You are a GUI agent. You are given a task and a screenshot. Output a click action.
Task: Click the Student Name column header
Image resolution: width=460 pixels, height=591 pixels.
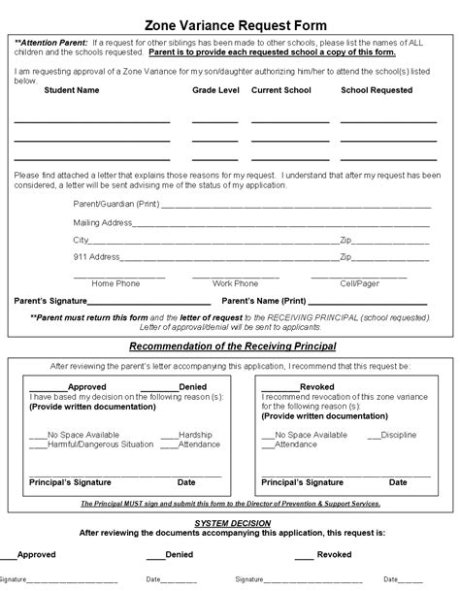click(72, 90)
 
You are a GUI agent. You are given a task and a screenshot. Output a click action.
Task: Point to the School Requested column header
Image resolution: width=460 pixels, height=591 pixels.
click(377, 90)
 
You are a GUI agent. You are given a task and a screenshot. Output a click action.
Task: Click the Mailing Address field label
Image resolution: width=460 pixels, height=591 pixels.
click(103, 222)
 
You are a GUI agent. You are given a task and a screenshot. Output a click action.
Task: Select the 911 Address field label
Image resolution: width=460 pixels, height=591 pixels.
click(96, 257)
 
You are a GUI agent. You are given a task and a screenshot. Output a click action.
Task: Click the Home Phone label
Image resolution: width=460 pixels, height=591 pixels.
click(115, 283)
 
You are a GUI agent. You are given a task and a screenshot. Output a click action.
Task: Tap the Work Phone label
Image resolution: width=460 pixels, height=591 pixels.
click(235, 283)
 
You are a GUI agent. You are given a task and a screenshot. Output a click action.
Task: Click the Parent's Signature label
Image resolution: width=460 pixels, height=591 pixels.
click(50, 301)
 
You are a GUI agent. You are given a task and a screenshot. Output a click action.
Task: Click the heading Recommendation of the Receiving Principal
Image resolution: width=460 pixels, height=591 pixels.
click(233, 345)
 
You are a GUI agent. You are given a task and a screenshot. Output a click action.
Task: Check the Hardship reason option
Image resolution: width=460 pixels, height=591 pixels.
click(194, 435)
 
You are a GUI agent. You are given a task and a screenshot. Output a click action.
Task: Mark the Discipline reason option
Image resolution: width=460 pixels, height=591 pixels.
click(401, 435)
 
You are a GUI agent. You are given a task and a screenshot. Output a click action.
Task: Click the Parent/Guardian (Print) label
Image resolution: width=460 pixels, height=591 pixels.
click(115, 205)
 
